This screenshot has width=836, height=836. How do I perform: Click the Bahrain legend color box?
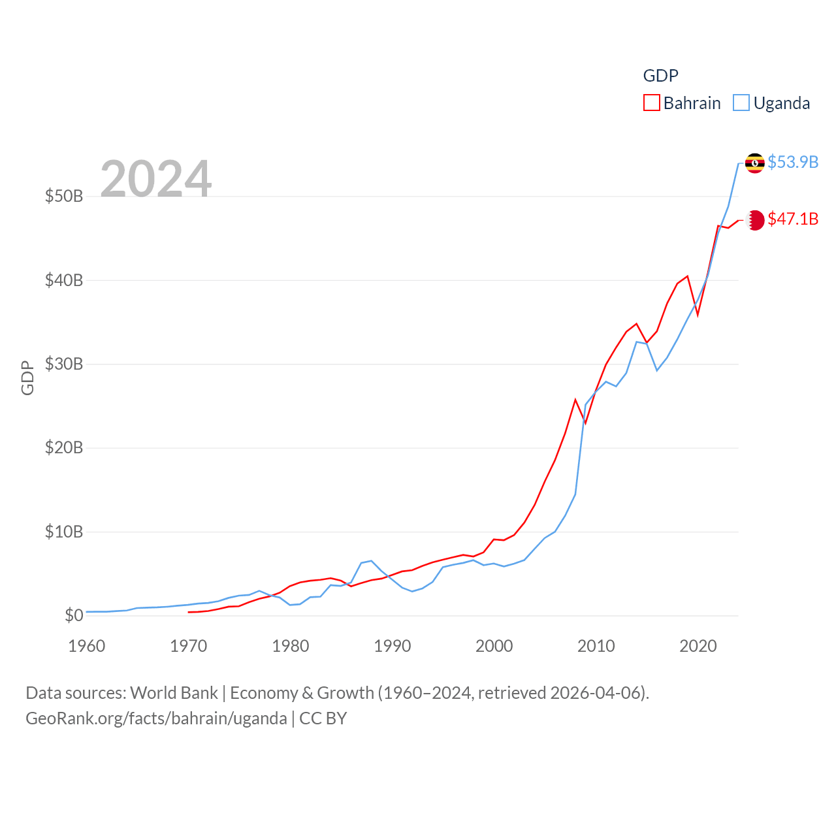651,103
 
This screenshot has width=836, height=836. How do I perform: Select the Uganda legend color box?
741,103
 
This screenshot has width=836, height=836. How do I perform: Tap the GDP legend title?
660,76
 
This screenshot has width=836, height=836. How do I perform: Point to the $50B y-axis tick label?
64,196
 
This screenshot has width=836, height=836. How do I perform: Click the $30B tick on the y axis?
64,364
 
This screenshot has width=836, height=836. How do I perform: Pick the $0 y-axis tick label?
74,615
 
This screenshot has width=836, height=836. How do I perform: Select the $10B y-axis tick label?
64,532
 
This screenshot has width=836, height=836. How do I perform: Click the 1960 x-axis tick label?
86,646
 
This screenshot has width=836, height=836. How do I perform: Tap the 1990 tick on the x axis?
392,646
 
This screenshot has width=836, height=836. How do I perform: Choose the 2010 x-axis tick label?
596,646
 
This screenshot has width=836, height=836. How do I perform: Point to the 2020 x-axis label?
698,646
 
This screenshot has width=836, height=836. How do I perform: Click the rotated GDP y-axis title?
27,378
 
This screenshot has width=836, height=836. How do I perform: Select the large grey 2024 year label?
155,178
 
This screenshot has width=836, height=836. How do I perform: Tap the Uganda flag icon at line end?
754,163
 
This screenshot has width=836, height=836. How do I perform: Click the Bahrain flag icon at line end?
755,220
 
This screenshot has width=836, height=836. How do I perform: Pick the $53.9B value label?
793,162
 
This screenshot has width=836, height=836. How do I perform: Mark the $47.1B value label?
793,219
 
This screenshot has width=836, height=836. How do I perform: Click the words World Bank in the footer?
174,692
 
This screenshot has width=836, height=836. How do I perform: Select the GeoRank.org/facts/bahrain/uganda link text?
156,718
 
